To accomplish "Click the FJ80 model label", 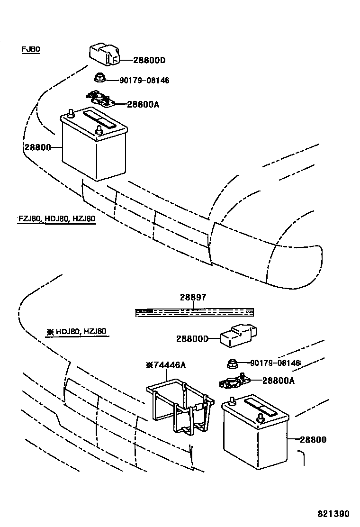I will [x=31, y=49].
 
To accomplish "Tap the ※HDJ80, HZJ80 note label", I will [x=77, y=332].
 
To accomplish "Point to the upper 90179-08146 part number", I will [x=144, y=81].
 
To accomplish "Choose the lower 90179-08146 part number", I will [x=275, y=363].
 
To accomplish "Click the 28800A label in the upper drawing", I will [x=143, y=104].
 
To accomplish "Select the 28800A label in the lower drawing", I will [x=279, y=380].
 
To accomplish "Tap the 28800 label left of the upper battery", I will [x=36, y=147].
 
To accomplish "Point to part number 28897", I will [x=193, y=298].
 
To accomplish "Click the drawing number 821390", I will [x=333, y=514].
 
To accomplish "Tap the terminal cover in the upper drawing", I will [x=104, y=53].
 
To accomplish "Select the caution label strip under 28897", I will [x=194, y=312].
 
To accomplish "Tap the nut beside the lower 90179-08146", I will [x=232, y=364].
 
